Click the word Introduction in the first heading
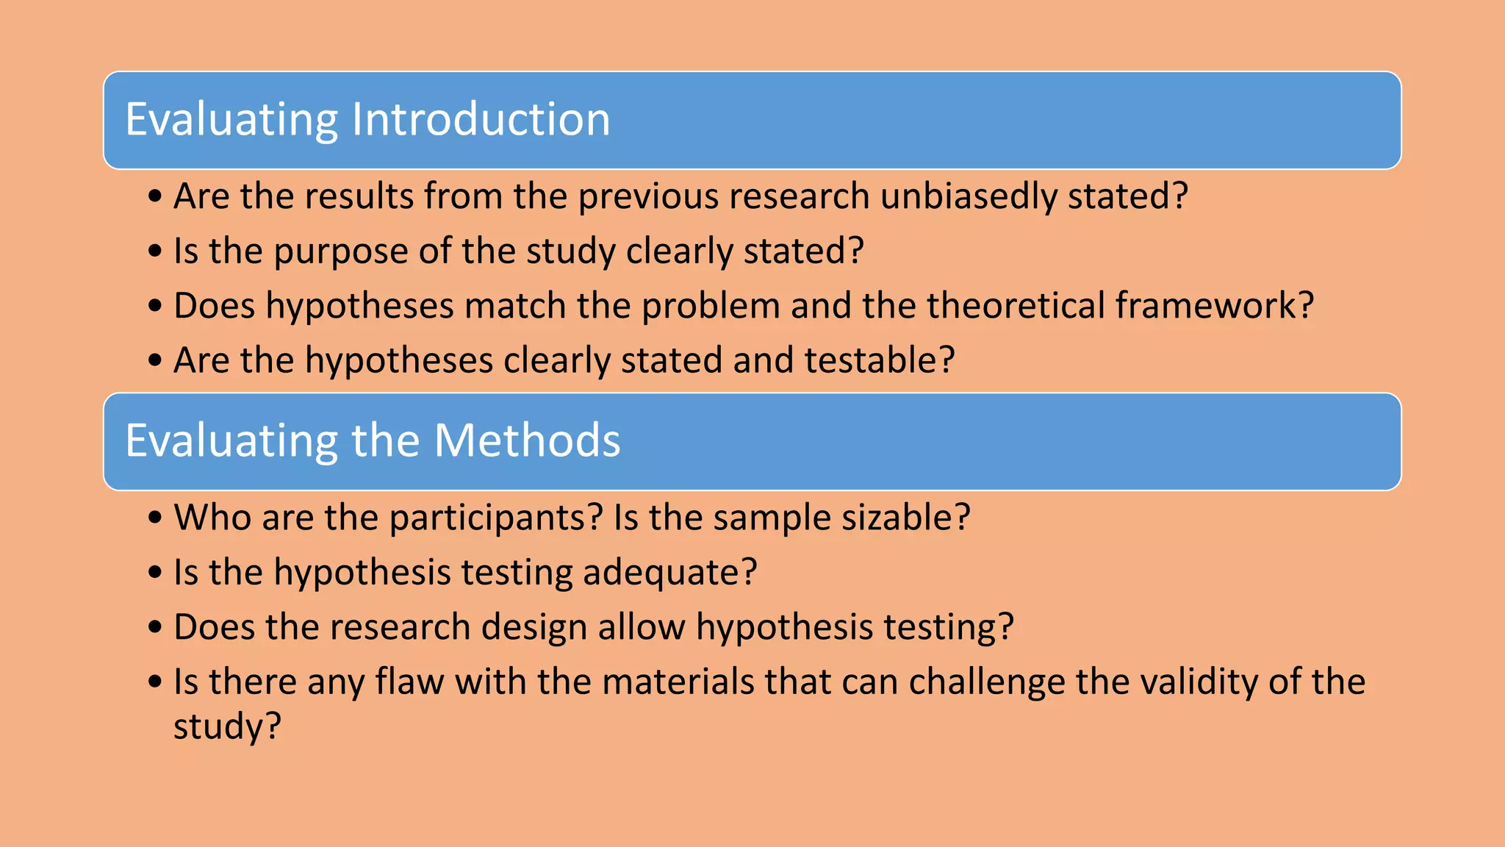[481, 119]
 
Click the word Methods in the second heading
[527, 440]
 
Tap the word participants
[496, 518]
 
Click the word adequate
[669, 573]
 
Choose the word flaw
[409, 682]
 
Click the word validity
[1199, 682]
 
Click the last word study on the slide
[226, 727]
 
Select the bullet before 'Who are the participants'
[154, 518]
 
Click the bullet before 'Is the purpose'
[154, 251]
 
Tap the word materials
[678, 682]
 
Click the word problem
[711, 306]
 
